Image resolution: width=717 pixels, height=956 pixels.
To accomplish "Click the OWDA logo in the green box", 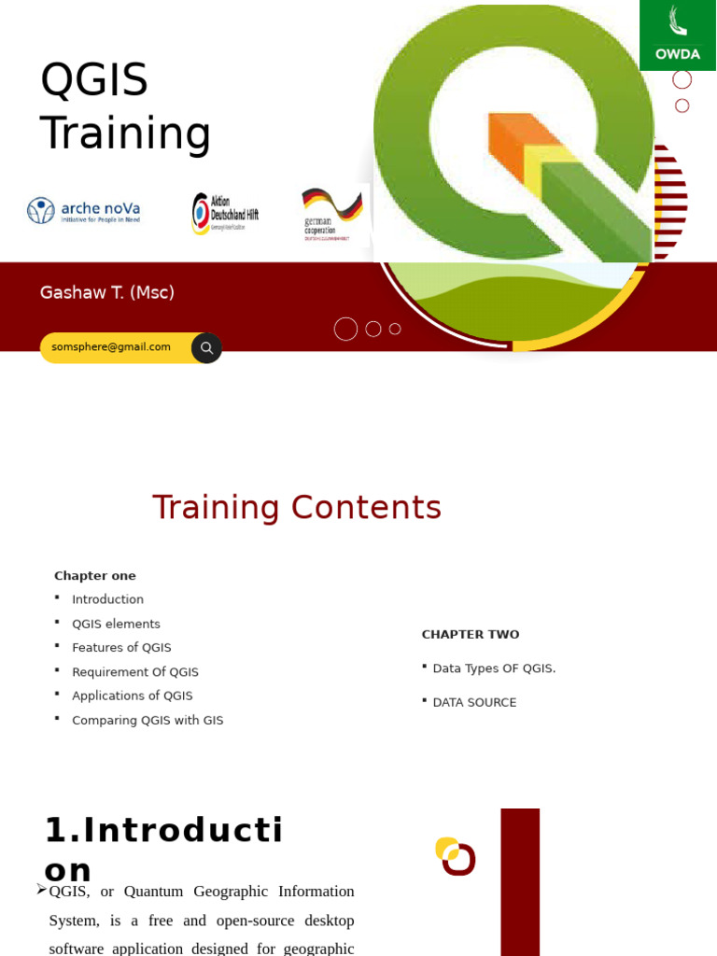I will pos(678,35).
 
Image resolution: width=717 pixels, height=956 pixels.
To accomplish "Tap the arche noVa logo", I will pos(84,211).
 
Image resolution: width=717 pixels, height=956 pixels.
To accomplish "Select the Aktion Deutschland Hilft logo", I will pos(225,213).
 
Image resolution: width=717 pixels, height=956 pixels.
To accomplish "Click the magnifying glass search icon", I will pos(206,348).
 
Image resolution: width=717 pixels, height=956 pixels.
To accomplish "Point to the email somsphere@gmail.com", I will pos(111,347).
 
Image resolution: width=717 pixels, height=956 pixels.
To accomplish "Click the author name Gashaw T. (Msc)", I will pos(107,293).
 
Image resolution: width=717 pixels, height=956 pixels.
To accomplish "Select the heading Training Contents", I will pos(297,508).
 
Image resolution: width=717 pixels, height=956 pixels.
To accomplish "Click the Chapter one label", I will pos(95,576).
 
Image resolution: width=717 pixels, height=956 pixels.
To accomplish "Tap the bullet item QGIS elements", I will pos(116,625).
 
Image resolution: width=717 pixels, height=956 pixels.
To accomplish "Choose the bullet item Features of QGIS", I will pos(121,648).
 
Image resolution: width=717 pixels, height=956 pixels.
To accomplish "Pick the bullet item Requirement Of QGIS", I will pos(135,672).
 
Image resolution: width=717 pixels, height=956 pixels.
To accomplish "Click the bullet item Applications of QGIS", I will pos(133,696).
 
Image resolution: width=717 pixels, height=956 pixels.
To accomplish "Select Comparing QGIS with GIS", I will pos(148,721).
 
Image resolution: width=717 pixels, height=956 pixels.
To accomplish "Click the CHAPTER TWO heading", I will pos(471,635).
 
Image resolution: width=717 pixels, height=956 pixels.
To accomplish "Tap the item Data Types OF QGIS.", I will pos(494,668).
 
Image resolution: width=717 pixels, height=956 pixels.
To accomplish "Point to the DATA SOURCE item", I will pos(474,703).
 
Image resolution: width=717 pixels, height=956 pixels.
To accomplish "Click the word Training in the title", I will pos(125,133).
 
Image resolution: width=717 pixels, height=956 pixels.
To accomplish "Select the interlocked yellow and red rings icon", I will pos(456,856).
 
